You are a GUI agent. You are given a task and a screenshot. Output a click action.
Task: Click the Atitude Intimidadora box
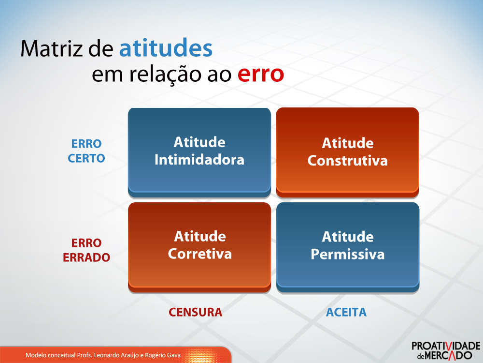click(199, 151)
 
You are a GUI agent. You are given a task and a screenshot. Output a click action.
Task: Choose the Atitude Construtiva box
click(347, 151)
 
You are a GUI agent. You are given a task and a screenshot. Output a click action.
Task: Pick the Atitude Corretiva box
click(199, 245)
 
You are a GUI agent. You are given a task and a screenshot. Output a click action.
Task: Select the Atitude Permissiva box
click(347, 245)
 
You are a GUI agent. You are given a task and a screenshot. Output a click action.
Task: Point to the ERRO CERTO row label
click(86, 151)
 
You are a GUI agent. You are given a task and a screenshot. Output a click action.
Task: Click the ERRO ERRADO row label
click(86, 250)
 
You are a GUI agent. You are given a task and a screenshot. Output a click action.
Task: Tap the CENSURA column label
click(195, 312)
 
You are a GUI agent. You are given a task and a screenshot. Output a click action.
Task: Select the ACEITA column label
click(346, 312)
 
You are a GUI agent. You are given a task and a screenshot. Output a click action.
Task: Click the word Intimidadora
click(199, 160)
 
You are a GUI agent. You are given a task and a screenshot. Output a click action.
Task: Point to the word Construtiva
click(347, 161)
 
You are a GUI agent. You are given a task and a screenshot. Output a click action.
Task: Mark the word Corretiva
click(199, 254)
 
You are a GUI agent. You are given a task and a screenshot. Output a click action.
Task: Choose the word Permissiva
click(347, 254)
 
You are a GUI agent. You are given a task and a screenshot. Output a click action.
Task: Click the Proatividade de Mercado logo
click(445, 350)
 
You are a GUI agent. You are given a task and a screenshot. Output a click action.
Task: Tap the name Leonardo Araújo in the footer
click(123, 355)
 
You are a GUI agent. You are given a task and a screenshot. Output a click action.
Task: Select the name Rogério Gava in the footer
click(165, 355)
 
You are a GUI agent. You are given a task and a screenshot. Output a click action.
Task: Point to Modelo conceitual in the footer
click(50, 355)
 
